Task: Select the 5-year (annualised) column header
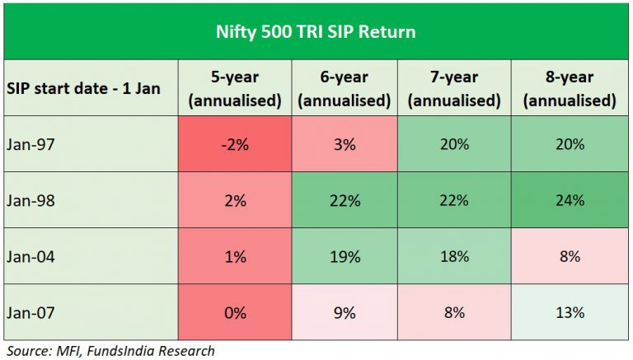tap(235, 88)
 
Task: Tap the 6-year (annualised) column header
tap(344, 88)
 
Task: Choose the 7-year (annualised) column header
tap(453, 88)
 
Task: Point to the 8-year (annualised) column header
tap(569, 88)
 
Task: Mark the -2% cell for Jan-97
tap(235, 144)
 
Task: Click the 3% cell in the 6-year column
tap(345, 144)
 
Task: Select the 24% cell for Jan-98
tap(569, 200)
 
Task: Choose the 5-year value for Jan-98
tap(235, 200)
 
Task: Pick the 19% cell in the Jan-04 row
tap(345, 256)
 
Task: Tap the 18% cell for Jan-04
tap(453, 256)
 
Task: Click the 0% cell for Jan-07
tap(235, 312)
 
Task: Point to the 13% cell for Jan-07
tap(569, 312)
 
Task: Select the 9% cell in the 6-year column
tap(345, 312)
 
